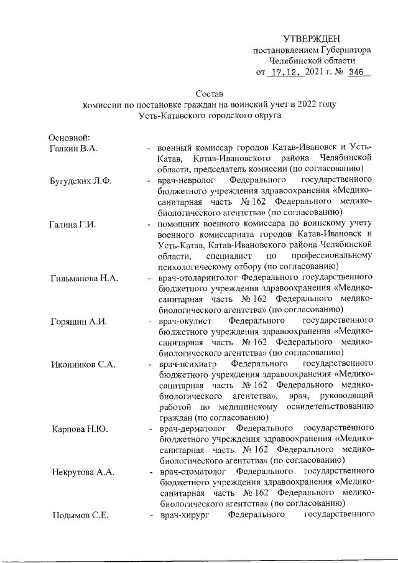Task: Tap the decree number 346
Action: pos(356,72)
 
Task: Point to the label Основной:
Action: pos(70,137)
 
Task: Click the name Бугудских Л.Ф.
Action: pos(80,181)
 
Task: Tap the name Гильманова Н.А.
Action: pos(83,277)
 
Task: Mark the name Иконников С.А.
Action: pos(82,364)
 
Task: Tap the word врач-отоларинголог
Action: pos(198,277)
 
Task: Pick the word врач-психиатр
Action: pos(186,364)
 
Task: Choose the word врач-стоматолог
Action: pos(190,472)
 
